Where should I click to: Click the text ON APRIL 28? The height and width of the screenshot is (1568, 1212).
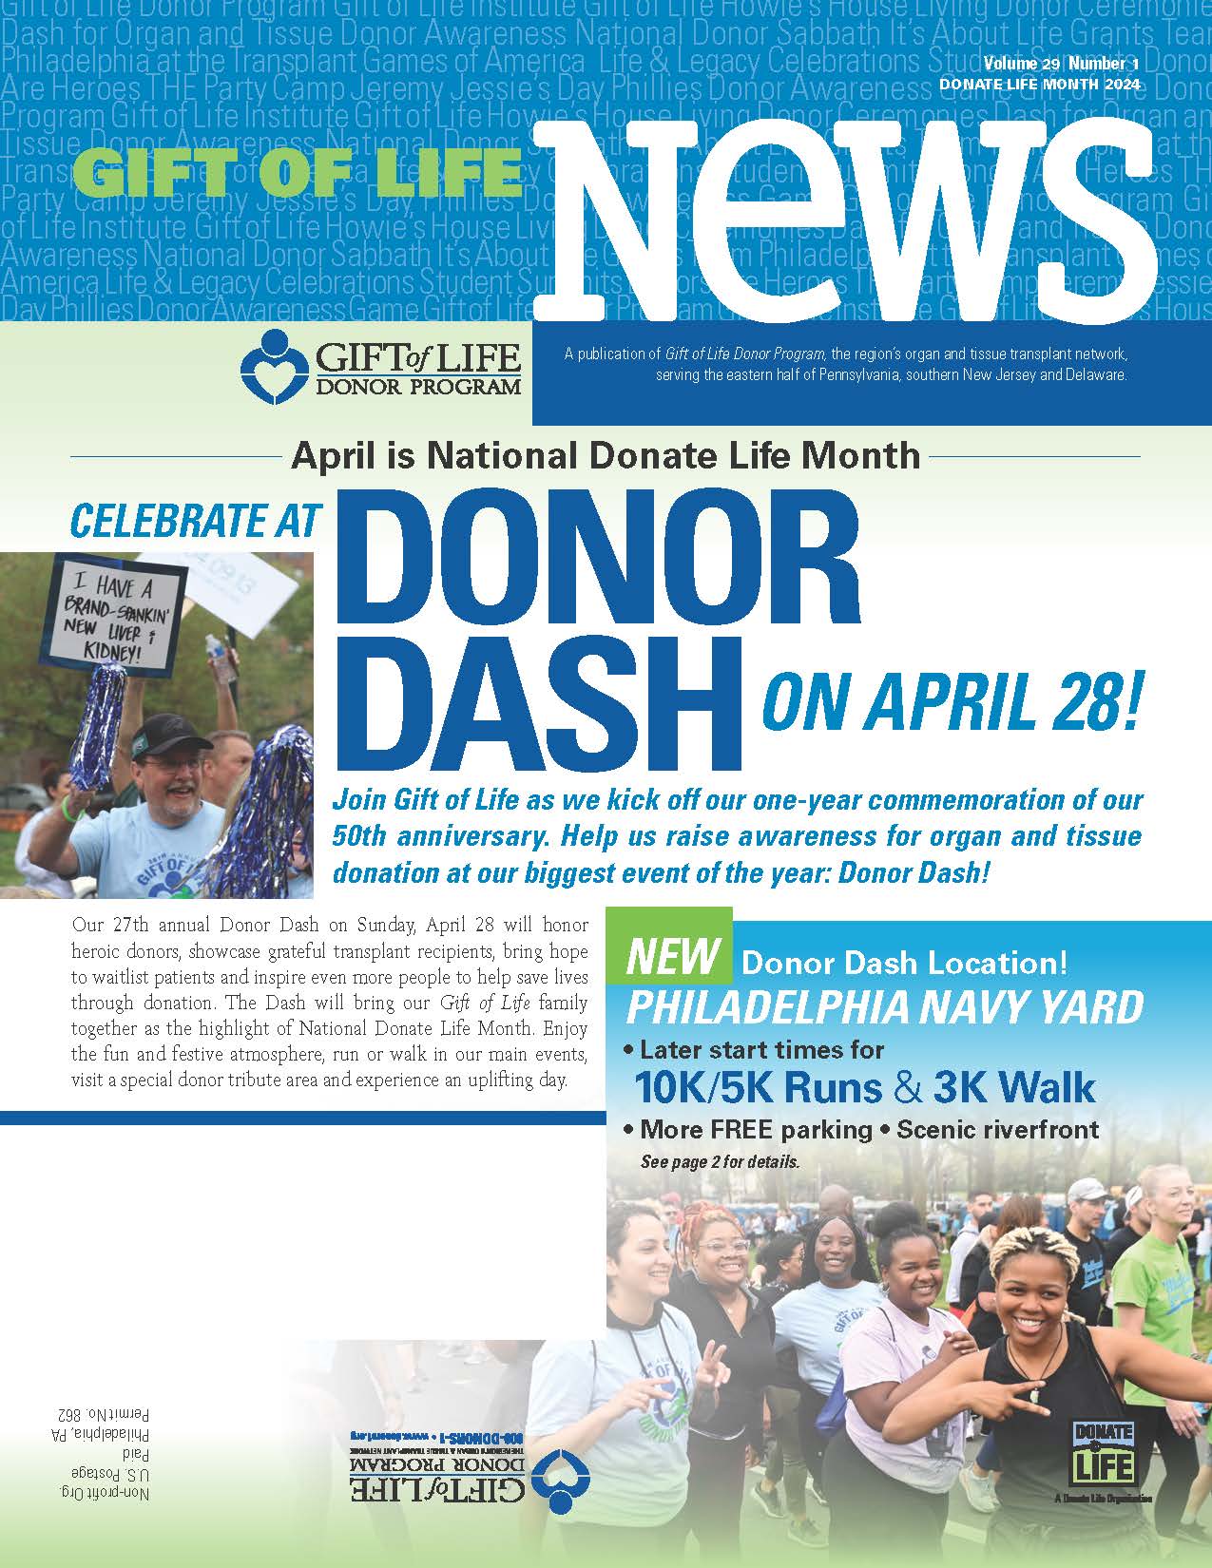pyautogui.click(x=950, y=703)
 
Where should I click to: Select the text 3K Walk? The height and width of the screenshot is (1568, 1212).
pyautogui.click(x=1014, y=1087)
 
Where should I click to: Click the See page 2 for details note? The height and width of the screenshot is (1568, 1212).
pyautogui.click(x=720, y=1161)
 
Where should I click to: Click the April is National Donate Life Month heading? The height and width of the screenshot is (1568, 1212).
pyautogui.click(x=606, y=456)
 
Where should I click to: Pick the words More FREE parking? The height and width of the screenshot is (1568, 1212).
pyautogui.click(x=756, y=1130)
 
